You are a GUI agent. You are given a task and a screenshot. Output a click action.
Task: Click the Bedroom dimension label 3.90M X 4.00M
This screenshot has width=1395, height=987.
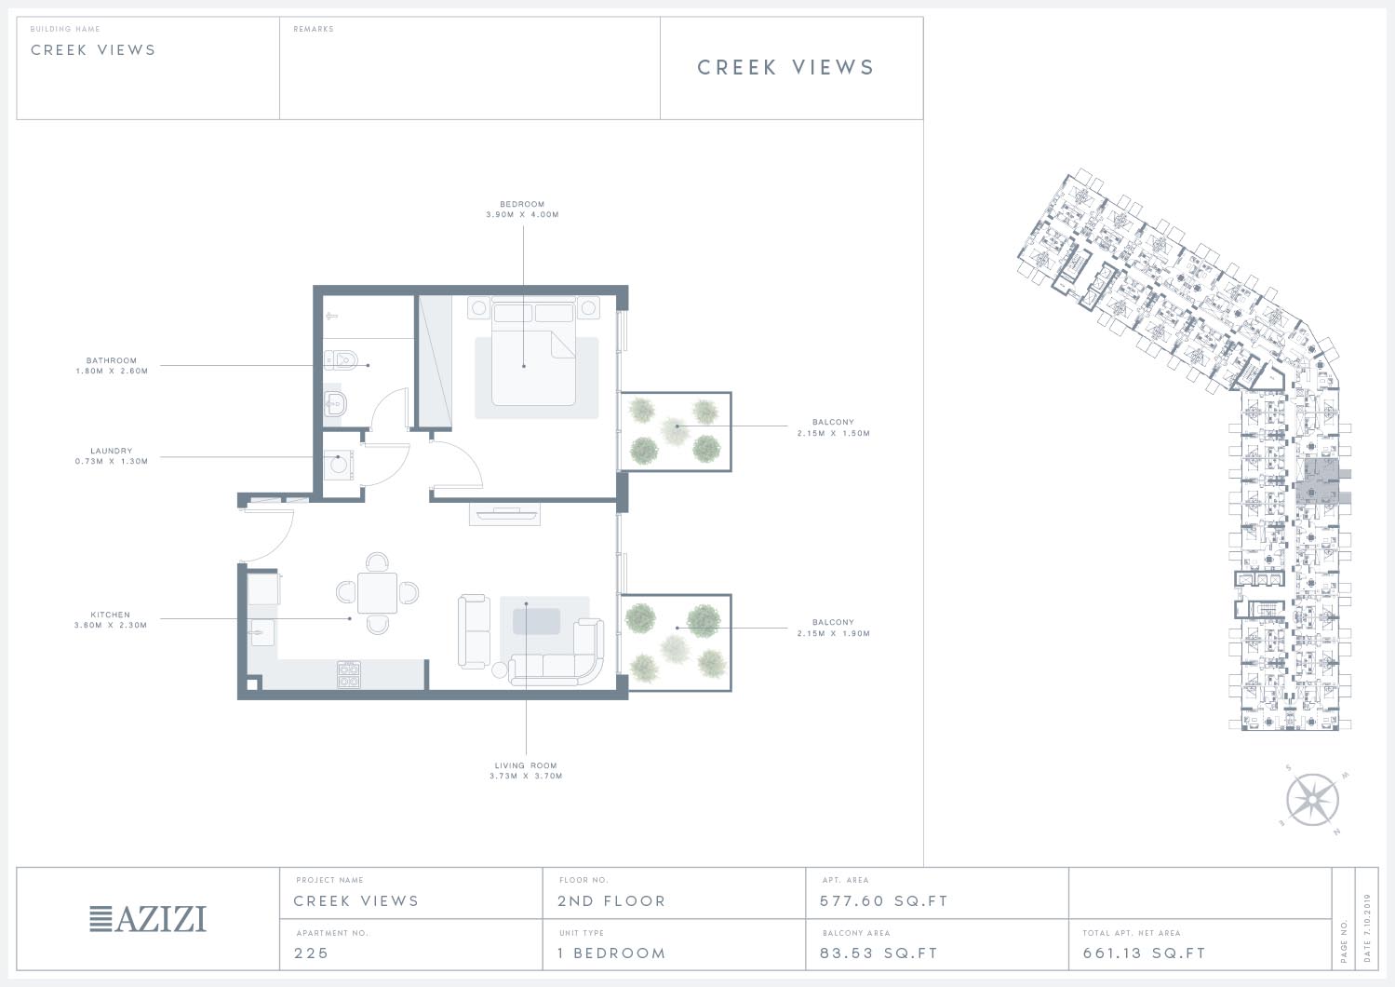(522, 214)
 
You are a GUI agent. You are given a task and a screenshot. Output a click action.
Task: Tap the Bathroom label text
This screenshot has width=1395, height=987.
(112, 360)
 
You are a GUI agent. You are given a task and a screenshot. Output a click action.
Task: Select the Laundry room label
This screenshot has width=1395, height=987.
(112, 451)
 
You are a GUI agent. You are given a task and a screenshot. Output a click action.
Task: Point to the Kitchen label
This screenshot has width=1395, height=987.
(110, 615)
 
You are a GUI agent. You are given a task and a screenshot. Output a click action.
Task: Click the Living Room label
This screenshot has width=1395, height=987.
(526, 765)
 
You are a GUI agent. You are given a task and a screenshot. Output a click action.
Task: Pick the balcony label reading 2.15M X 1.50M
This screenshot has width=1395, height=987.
(833, 433)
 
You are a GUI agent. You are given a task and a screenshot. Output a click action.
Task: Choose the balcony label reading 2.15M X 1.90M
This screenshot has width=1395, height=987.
(833, 633)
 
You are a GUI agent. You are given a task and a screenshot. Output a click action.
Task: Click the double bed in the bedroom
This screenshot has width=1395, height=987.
(533, 352)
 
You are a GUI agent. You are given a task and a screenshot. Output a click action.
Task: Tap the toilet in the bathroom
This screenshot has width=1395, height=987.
(341, 359)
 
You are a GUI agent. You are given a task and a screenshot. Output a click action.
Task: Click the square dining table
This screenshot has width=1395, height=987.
(378, 592)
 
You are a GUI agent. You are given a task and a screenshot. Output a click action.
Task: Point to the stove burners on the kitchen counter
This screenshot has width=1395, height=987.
(349, 675)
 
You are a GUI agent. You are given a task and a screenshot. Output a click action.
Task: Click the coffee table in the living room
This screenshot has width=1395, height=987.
(536, 621)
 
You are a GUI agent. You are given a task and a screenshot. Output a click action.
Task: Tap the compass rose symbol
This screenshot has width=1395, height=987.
(1313, 800)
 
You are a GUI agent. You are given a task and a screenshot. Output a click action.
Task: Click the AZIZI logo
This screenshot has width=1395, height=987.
(148, 919)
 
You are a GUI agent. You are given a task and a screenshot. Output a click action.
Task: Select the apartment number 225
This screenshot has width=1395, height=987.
(311, 953)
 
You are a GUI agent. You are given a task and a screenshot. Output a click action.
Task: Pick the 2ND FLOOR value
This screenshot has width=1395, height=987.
(611, 901)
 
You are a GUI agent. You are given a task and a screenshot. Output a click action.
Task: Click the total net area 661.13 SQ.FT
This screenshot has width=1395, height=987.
(1145, 953)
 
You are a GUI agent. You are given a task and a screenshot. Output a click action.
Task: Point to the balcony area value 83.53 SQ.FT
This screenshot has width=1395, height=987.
(879, 953)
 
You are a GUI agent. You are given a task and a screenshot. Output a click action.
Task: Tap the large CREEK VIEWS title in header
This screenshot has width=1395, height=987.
(786, 67)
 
